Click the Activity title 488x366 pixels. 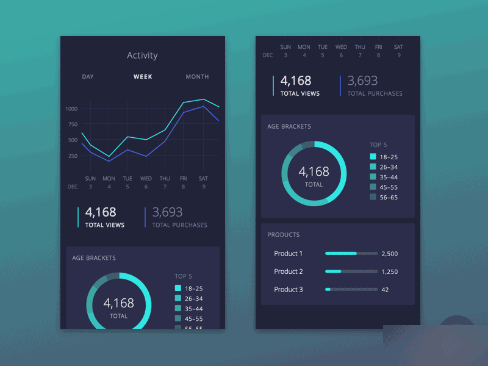point(142,56)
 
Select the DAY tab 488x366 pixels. point(88,77)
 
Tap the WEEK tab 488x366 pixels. point(143,77)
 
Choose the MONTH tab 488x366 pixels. point(197,77)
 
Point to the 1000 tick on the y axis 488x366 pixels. point(71,109)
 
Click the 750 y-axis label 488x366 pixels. point(73,124)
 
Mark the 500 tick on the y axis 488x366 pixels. point(73,140)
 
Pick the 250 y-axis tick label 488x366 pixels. point(73,156)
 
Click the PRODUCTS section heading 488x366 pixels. point(284,235)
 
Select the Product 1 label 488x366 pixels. point(289,254)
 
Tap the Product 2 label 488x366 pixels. point(289,271)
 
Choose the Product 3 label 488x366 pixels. point(289,290)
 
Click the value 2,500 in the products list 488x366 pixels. point(390,254)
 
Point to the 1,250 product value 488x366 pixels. point(390,271)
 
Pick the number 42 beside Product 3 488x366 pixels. point(385,290)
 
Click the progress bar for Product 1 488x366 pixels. point(351,253)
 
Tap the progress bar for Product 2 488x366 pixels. point(351,271)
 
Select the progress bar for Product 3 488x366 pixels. point(351,290)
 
